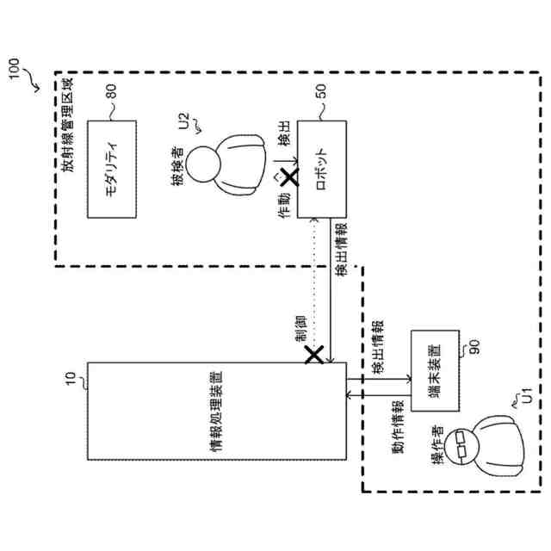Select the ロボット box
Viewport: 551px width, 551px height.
[321, 169]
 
